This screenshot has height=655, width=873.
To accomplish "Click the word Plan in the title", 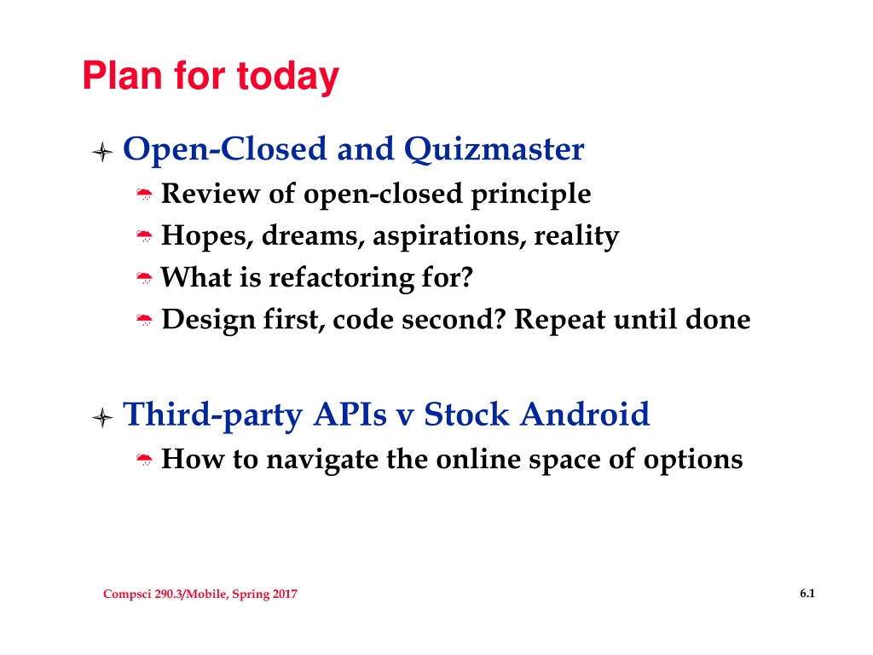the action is click(x=123, y=75).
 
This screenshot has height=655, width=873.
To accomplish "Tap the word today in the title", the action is click(x=288, y=78).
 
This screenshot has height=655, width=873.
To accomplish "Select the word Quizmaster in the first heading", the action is click(x=494, y=149).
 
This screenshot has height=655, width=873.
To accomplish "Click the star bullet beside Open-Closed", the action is click(x=102, y=152).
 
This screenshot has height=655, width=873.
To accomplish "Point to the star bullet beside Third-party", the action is click(x=102, y=417).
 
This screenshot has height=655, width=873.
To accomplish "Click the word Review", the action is click(x=211, y=194).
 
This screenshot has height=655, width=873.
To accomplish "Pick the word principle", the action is click(x=530, y=195).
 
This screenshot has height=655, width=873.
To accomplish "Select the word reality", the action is click(x=576, y=237).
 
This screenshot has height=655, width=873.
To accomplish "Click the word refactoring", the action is click(x=341, y=278).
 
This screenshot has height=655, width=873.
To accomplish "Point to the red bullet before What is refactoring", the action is click(x=144, y=277).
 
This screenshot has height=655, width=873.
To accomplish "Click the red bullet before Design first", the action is click(x=144, y=320).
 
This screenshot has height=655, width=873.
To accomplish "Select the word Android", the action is click(x=585, y=414).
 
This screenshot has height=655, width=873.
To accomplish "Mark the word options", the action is click(x=693, y=461).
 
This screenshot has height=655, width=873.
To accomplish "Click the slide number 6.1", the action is click(x=807, y=594).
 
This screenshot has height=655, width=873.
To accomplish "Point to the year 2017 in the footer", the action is click(x=285, y=594).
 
